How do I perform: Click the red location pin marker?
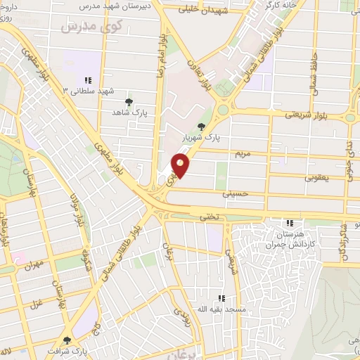pos(181,165)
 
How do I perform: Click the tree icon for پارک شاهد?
pos(129,103)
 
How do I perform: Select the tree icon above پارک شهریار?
pos(202,127)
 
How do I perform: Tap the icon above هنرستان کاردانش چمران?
pos(290,223)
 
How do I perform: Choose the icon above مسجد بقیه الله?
pos(221,298)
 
